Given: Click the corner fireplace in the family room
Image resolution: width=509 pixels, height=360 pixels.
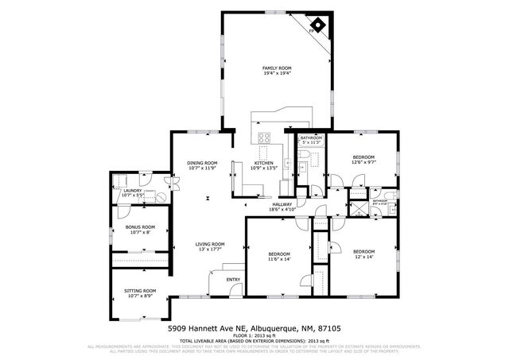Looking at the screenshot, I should (317, 25).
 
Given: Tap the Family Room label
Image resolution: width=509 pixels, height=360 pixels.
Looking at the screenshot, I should (277, 68).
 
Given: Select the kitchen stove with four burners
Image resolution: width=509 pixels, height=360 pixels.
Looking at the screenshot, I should (265, 137).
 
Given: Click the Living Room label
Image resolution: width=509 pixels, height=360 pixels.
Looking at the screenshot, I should (211, 244).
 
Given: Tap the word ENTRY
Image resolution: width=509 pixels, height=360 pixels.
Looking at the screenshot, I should (233, 280).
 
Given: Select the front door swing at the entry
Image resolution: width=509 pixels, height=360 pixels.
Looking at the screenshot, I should (215, 282).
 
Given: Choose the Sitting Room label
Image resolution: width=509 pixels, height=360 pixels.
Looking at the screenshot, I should (140, 291).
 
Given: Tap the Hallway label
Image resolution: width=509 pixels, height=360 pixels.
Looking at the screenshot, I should (282, 203).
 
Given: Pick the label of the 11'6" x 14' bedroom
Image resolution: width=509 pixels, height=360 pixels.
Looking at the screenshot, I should (279, 254).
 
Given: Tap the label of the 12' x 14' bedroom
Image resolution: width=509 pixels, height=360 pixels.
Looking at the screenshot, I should (363, 252).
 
